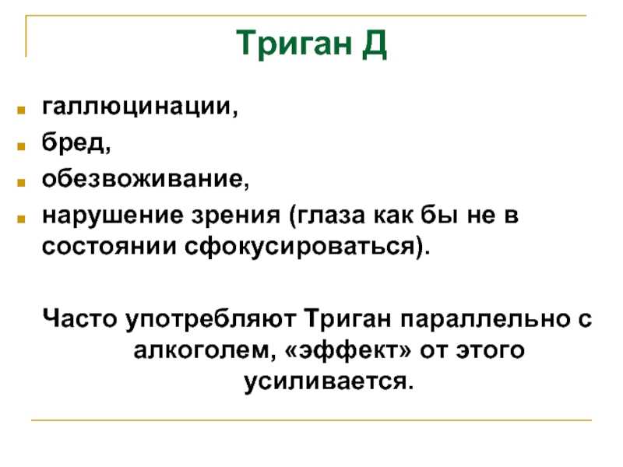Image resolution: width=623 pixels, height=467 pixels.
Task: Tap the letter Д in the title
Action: coord(375,44)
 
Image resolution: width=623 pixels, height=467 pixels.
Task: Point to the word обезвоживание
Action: coord(143,179)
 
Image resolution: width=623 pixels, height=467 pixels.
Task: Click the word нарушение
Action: coord(113,216)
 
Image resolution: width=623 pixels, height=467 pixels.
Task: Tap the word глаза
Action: coord(329,216)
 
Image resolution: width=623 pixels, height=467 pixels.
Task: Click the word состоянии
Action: coord(109,247)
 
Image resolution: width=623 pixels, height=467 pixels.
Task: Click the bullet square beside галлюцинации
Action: coord(21,110)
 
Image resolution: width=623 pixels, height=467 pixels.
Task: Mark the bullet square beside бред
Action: coord(21,146)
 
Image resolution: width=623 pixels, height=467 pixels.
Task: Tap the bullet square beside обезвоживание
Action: coord(21,183)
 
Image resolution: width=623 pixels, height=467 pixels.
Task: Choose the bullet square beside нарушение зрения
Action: coord(21,219)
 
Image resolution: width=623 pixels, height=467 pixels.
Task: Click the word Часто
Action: coord(80,318)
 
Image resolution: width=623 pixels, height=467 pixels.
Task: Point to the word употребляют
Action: coord(211,320)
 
